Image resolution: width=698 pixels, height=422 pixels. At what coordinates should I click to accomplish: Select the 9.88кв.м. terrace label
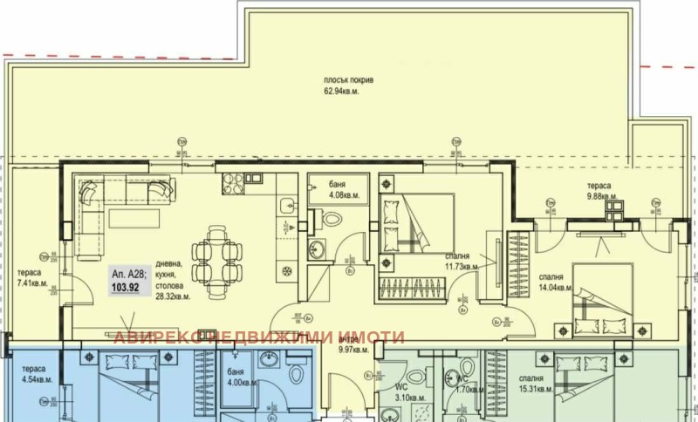(x=601, y=196)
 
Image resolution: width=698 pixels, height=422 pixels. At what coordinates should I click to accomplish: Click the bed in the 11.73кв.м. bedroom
(x=421, y=224)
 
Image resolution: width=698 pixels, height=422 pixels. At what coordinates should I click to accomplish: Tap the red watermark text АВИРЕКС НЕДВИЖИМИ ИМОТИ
(x=260, y=337)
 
